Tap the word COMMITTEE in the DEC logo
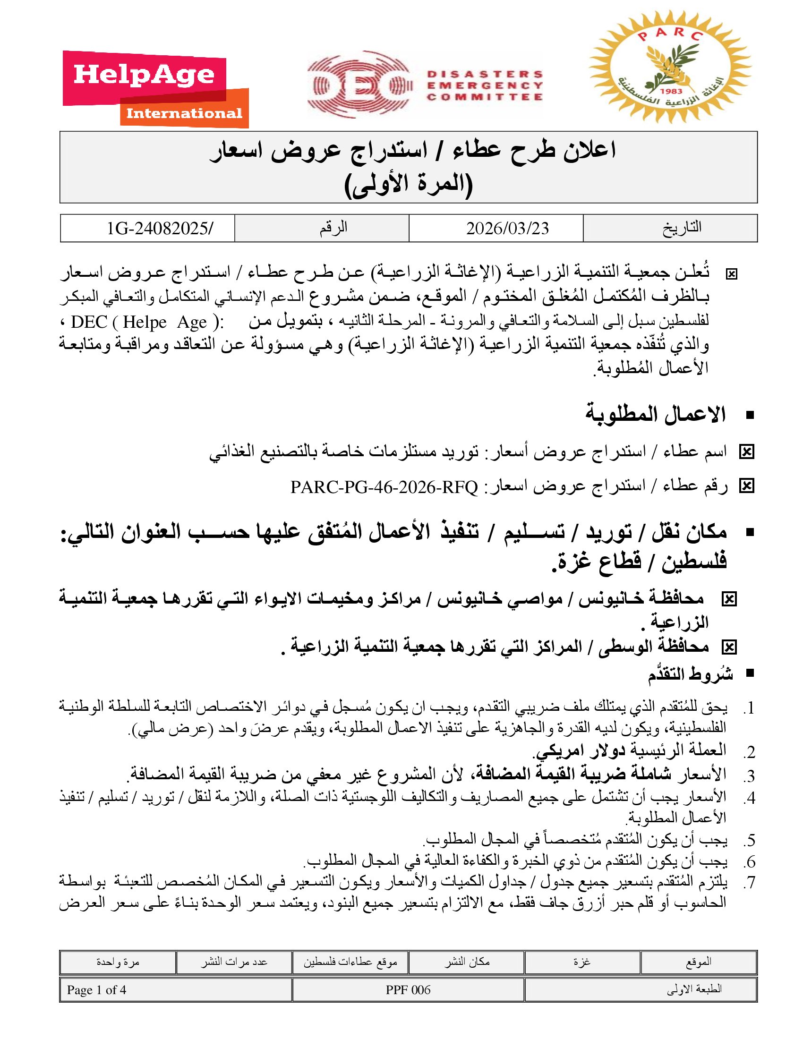click(x=484, y=97)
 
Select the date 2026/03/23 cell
click(x=507, y=229)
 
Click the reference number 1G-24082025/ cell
click(x=160, y=229)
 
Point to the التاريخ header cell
click(x=682, y=228)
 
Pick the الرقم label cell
click(x=333, y=228)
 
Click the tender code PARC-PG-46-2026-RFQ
click(x=384, y=486)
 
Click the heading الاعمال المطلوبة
click(x=655, y=414)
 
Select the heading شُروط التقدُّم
click(x=690, y=673)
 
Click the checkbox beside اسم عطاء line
click(x=746, y=452)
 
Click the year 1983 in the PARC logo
click(x=671, y=91)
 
